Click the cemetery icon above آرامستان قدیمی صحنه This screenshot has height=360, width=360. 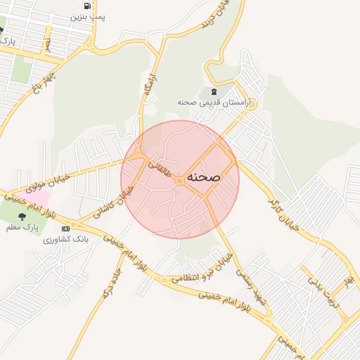[x=213, y=91]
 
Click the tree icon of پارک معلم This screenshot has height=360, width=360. [x=23, y=217]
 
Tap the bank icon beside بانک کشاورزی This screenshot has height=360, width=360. [x=66, y=229]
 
